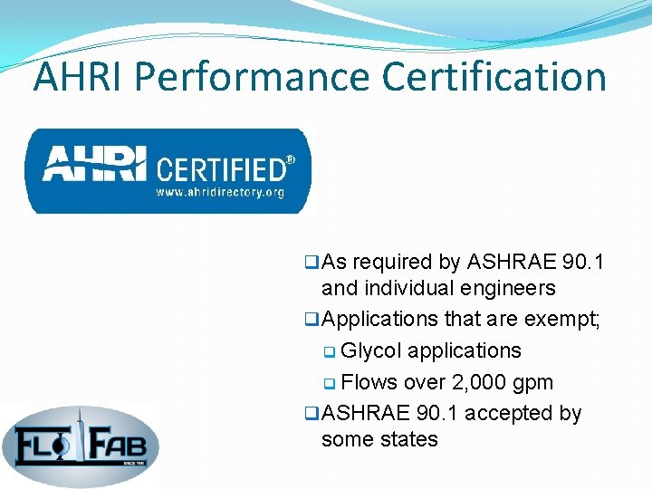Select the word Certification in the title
click(494, 77)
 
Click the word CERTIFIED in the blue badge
click(221, 168)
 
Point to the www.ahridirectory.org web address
click(220, 192)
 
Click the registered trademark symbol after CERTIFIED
click(291, 159)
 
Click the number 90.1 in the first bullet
click(582, 263)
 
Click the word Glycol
click(373, 350)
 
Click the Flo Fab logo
click(80, 443)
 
